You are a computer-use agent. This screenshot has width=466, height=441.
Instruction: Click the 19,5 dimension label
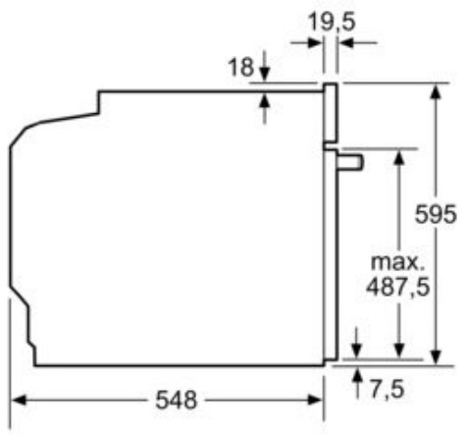[332, 23]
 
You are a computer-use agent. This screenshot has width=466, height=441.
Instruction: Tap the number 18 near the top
[240, 67]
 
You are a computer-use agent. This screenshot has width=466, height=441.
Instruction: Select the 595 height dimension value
[436, 214]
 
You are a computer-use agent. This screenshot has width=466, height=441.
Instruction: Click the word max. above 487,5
[397, 262]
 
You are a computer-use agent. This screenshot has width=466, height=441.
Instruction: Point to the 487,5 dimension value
[397, 287]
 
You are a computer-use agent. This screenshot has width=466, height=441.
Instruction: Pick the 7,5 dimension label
[388, 389]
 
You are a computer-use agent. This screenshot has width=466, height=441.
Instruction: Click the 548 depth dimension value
[177, 400]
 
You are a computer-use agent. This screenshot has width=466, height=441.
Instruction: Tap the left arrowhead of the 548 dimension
[19, 400]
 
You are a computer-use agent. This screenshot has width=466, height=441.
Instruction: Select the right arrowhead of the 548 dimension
[315, 400]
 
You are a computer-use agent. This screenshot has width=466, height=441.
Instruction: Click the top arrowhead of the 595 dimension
[436, 91]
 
